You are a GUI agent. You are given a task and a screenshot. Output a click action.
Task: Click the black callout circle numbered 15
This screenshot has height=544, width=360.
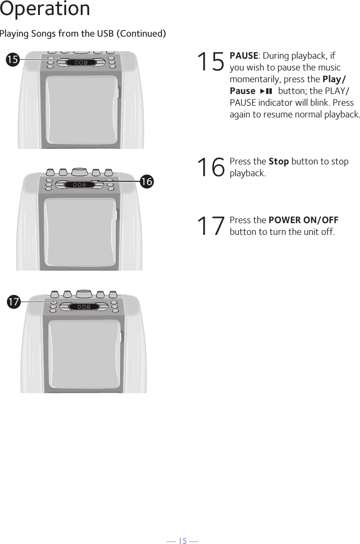[x=13, y=59]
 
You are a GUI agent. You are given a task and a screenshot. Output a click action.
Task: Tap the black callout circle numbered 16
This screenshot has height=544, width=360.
[x=147, y=181]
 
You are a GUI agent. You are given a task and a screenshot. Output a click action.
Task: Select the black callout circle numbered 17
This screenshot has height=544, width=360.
[x=14, y=302]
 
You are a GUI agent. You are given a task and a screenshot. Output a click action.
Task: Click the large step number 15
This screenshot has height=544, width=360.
[x=211, y=62]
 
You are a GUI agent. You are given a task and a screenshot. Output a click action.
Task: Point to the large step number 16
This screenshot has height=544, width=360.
[x=211, y=167]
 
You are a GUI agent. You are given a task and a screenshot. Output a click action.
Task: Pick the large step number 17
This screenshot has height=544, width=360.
[x=211, y=226]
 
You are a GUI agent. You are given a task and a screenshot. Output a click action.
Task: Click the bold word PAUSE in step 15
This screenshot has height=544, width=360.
[x=244, y=55]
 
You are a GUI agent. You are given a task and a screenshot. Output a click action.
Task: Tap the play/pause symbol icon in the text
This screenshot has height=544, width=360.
[x=266, y=91]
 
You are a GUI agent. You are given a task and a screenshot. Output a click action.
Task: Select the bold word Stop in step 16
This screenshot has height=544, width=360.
[x=279, y=162]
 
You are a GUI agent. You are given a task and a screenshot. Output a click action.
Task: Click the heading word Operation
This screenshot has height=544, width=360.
[x=45, y=8]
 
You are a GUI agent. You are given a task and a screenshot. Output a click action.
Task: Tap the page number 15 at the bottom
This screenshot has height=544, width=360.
[x=182, y=540]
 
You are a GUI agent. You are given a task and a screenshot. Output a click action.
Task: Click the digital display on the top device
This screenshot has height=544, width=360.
[x=81, y=62]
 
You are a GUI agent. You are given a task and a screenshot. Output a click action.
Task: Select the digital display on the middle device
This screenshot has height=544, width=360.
[x=79, y=185]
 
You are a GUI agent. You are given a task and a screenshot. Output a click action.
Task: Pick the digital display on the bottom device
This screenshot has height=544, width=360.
[x=84, y=307]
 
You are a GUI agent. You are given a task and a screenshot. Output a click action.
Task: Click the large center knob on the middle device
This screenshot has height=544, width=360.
[x=80, y=172]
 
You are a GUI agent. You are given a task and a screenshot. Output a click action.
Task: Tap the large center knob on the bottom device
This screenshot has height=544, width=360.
[x=84, y=294]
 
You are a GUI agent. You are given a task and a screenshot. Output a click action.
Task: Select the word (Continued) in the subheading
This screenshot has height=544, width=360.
[x=141, y=34]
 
